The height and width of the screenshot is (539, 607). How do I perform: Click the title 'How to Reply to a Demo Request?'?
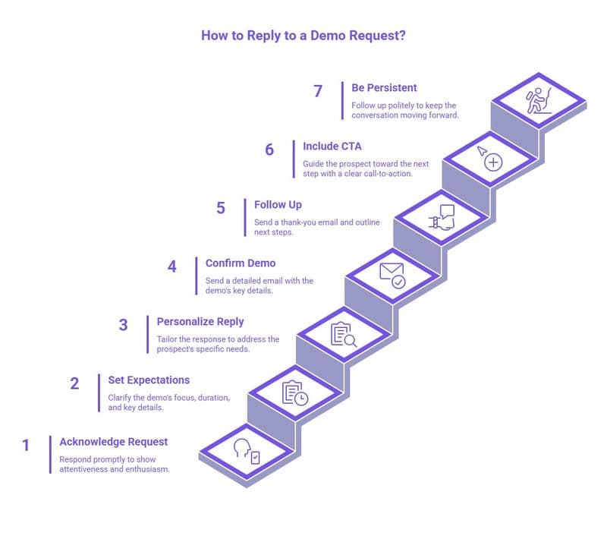tap(303, 36)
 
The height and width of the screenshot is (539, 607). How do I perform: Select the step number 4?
tap(172, 267)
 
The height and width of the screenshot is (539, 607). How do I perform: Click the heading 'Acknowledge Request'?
tap(114, 442)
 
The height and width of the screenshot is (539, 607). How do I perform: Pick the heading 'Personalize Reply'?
tap(200, 322)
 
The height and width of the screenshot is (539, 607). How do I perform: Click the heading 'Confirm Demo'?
tap(241, 263)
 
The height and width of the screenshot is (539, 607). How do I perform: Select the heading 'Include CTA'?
tap(333, 147)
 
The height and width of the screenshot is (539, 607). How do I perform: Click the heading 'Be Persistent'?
tap(385, 88)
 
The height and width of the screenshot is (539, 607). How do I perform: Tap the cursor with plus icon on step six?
tap(490, 158)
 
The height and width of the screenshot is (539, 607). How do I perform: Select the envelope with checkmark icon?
tap(392, 275)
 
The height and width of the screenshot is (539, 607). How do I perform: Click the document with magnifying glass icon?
tap(343, 334)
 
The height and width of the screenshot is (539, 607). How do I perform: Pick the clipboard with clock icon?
tap(294, 392)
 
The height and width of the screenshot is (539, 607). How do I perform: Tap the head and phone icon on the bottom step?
tap(246, 451)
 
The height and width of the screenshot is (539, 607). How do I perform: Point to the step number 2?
tap(74, 384)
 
